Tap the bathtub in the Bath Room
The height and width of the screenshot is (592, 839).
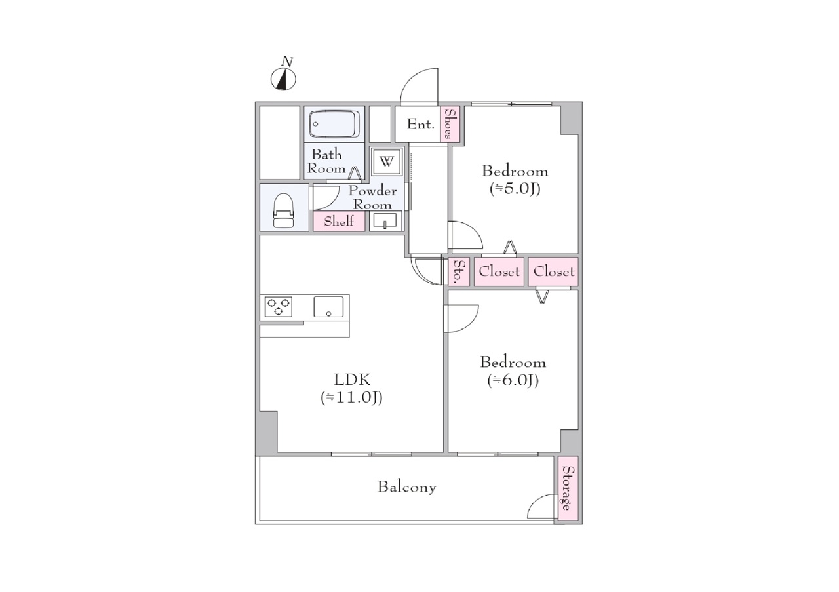tap(334, 124)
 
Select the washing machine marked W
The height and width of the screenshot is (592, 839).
tap(387, 161)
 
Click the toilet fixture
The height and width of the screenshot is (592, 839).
tap(284, 210)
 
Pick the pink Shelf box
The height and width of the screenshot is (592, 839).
tap(339, 221)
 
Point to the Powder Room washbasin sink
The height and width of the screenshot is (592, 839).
tap(385, 221)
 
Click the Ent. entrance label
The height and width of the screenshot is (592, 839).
tap(421, 124)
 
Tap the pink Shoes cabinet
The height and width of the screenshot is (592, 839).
tap(450, 124)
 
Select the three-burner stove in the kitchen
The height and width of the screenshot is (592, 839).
tap(279, 307)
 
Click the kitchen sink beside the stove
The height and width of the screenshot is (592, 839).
tap(328, 307)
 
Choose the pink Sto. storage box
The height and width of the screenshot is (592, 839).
tap(459, 271)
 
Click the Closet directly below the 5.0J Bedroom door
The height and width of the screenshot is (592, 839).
tap(499, 271)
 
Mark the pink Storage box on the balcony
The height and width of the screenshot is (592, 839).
tap(568, 488)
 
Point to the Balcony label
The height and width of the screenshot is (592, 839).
tap(407, 487)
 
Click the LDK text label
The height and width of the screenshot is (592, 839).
tap(352, 380)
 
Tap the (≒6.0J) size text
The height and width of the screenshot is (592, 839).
tap(513, 381)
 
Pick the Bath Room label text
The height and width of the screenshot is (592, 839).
tap(326, 161)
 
